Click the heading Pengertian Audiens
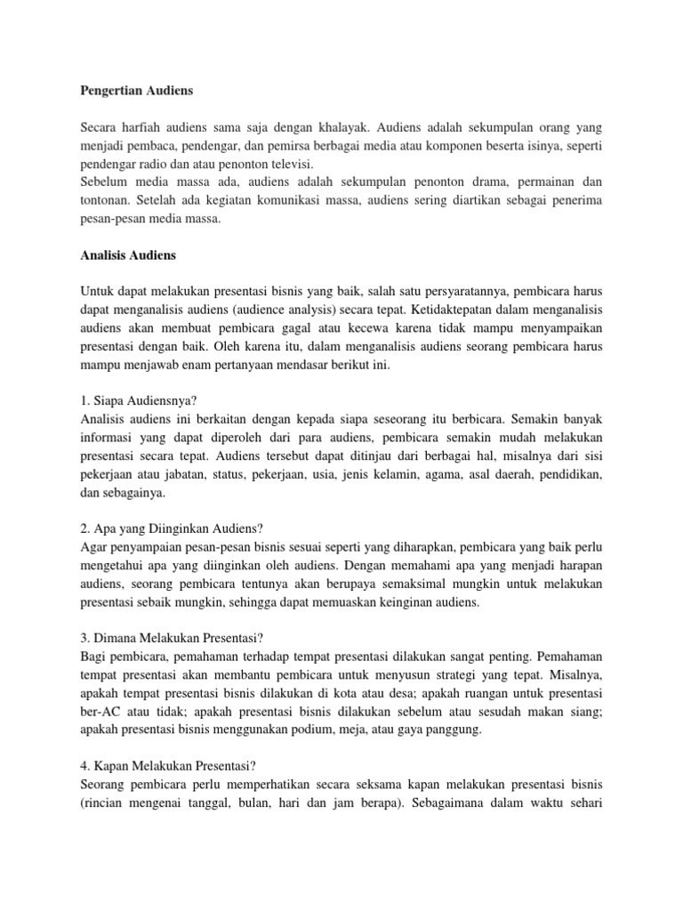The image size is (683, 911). pos(136,91)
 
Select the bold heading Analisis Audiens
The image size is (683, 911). pos(128,255)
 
